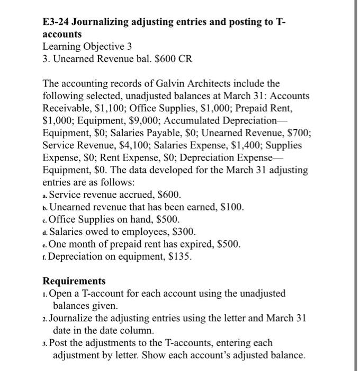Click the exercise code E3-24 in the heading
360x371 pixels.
[56, 22]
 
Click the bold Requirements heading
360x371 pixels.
[74, 281]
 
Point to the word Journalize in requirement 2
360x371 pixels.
[73, 317]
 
